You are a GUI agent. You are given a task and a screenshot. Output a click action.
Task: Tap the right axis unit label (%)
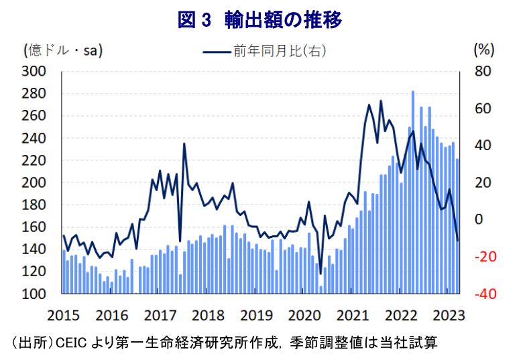pos(483,50)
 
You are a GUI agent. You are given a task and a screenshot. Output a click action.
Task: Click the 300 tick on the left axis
pos(35,71)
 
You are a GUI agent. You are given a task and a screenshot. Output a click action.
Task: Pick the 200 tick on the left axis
pos(35,182)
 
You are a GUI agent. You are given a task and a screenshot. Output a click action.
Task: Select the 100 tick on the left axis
pos(35,294)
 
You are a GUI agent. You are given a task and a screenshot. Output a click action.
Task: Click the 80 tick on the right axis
pos(483,71)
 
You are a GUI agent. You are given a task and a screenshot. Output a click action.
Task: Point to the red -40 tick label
pos(483,294)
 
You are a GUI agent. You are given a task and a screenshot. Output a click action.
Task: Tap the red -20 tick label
pos(483,257)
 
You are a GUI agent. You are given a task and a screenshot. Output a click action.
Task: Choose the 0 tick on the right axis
pos(478,220)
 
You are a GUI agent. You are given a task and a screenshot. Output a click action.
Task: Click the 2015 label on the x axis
pos(64,314)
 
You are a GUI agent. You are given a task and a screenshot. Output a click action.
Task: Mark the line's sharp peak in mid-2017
pos(184,144)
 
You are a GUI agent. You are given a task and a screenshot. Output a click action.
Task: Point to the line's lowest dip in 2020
pos(320,274)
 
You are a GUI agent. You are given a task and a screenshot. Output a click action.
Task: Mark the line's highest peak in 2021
pos(381,101)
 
